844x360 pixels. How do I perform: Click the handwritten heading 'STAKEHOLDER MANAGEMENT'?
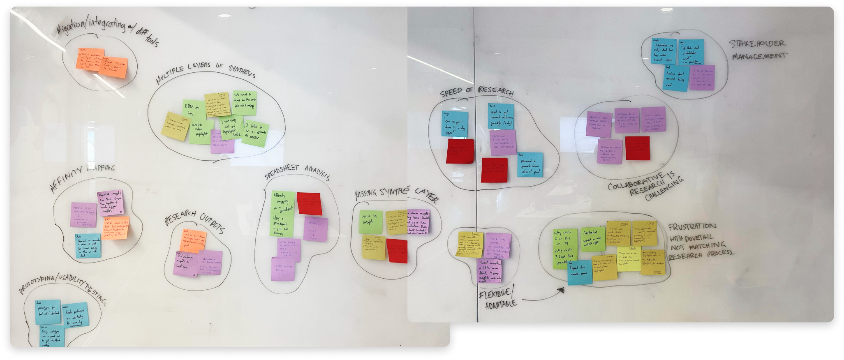pyautogui.click(x=757, y=49)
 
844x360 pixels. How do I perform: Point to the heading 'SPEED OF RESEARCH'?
pyautogui.click(x=476, y=92)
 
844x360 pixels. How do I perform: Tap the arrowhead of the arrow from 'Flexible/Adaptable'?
pyautogui.click(x=560, y=291)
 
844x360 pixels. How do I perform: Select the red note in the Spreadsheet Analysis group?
pyautogui.click(x=309, y=203)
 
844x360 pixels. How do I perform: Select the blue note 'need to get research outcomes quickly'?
pyautogui.click(x=501, y=116)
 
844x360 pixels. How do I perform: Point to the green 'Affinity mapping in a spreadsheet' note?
pyautogui.click(x=283, y=214)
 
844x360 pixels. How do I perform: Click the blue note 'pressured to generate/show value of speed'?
pyautogui.click(x=530, y=164)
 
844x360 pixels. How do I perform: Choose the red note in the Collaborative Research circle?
pyautogui.click(x=638, y=148)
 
